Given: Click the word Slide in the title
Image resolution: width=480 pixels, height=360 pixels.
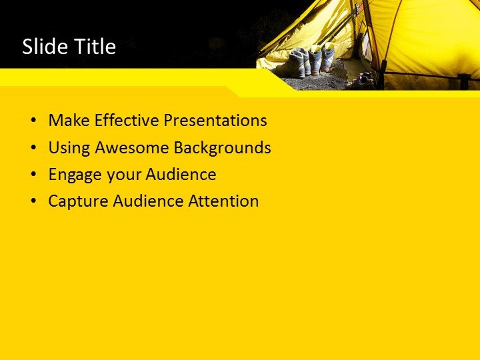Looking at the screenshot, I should [x=43, y=47].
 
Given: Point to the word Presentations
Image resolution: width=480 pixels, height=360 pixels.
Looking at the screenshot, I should [x=215, y=121].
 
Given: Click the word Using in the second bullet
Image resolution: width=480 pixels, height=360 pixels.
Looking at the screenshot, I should [x=70, y=147].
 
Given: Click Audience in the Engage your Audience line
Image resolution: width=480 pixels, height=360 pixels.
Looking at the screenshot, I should [x=181, y=175].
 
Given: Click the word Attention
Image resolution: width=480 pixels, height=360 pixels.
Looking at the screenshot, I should [x=223, y=201].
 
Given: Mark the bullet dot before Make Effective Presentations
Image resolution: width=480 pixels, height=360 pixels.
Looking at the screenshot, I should [x=33, y=121].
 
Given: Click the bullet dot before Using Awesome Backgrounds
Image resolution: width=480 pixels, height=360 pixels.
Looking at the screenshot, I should [x=33, y=148].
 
